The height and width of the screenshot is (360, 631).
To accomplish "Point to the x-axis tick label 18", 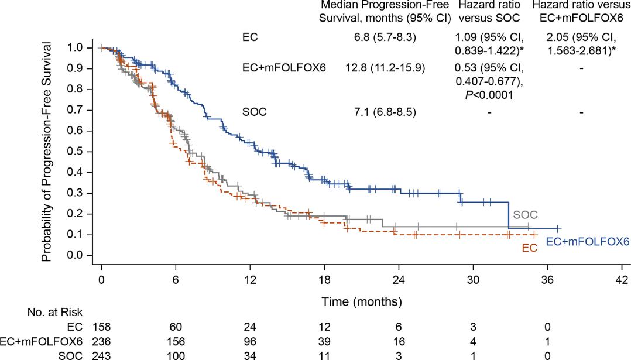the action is (x=324, y=280).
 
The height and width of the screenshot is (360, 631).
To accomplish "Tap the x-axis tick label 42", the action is (x=622, y=280).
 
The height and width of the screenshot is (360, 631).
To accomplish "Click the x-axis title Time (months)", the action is (x=362, y=301).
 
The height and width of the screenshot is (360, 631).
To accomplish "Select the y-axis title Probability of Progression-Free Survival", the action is (x=47, y=151).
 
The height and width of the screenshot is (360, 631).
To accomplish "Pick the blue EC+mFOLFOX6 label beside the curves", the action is (x=588, y=242).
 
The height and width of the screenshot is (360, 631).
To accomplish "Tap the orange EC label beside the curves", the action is (x=530, y=248).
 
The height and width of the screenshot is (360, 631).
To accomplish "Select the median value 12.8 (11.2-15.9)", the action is (x=385, y=68).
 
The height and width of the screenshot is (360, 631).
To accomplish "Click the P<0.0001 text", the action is (x=489, y=95).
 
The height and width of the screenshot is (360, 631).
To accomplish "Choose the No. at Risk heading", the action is (x=55, y=312).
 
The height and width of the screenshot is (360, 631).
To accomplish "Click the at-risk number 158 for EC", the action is (x=101, y=327).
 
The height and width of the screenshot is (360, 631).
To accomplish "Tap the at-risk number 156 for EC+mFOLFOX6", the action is (x=176, y=341).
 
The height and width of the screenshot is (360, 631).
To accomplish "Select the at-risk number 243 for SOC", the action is (x=101, y=355).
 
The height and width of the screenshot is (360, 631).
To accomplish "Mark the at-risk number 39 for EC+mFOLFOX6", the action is (x=324, y=341).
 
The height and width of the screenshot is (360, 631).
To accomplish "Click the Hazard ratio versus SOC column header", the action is (x=489, y=11).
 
